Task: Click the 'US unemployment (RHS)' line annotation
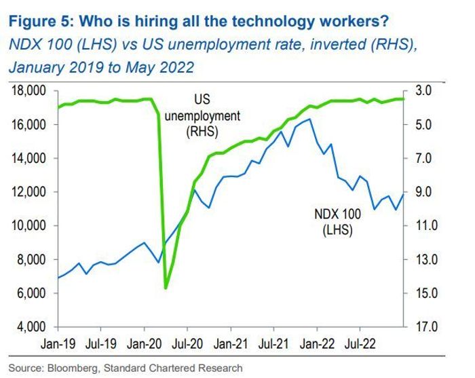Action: tap(202, 116)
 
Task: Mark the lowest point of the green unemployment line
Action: tap(166, 288)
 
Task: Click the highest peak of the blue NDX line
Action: tap(310, 119)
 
